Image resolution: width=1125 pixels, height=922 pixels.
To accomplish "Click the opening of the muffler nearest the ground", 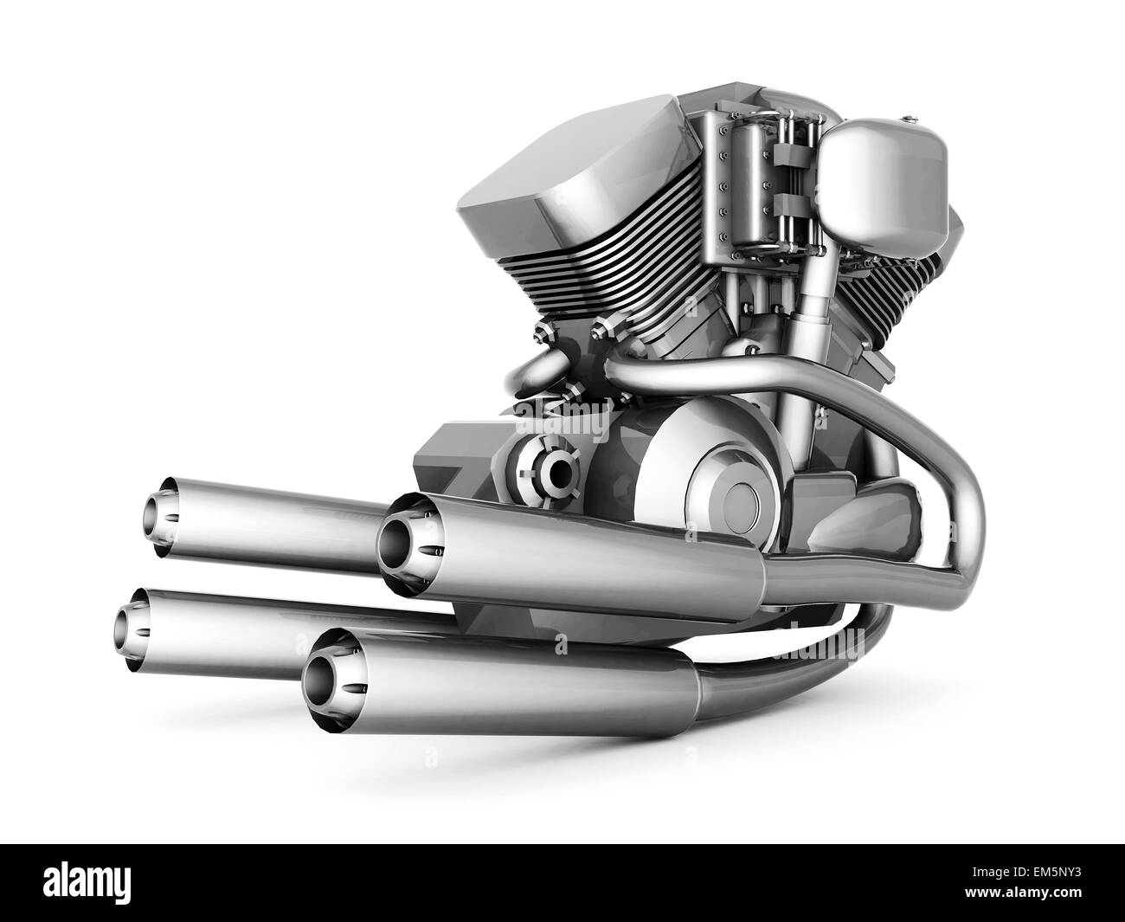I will pos(322,672).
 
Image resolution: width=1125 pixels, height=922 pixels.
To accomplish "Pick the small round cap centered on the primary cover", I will pos(742,500).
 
